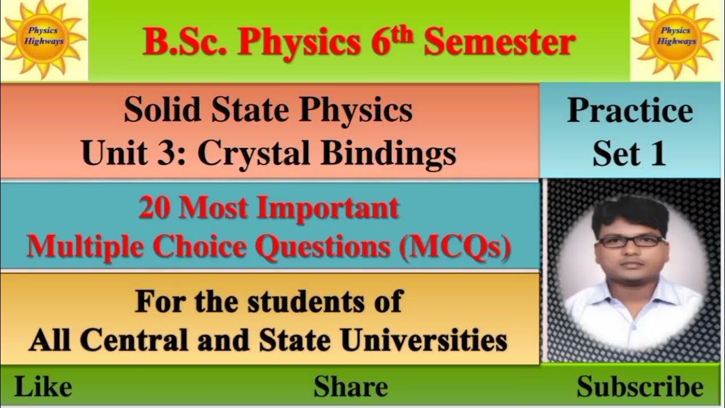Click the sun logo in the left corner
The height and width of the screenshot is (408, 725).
[x=44, y=39]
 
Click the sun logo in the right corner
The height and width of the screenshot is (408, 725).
[x=677, y=39]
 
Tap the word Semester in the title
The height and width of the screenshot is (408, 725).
[x=500, y=42]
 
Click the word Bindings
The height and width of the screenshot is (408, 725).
[x=388, y=153]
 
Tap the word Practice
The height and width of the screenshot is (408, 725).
[x=630, y=110]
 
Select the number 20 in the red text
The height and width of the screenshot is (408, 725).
[x=155, y=209]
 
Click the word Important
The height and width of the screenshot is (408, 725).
[x=328, y=209]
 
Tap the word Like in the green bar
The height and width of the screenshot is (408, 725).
[x=43, y=387]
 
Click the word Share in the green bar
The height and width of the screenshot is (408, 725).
[x=351, y=387]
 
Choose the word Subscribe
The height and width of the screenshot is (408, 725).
[x=640, y=387]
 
